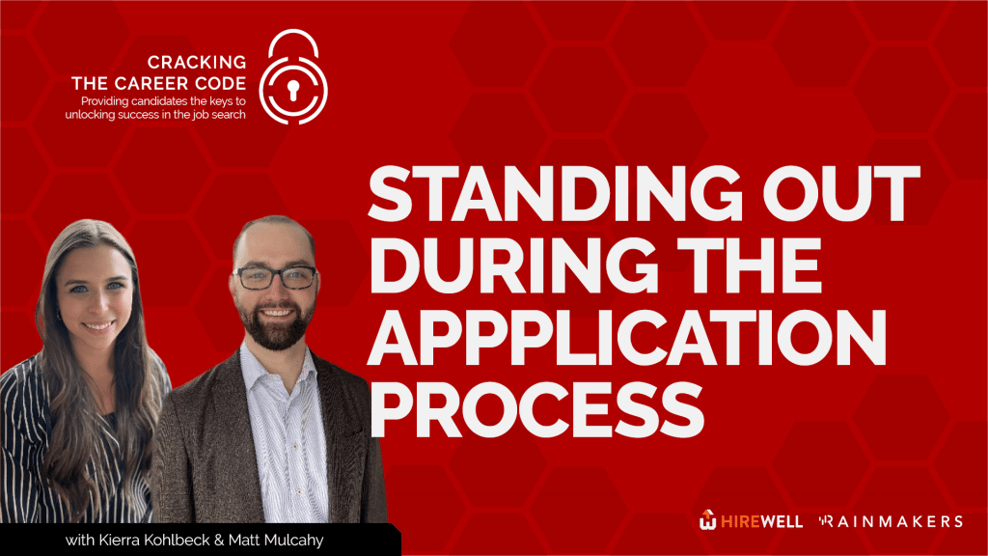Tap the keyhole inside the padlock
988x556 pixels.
(x=293, y=90)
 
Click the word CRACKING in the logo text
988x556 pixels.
(x=197, y=63)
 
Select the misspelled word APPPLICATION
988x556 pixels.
(x=627, y=338)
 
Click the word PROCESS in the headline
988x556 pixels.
(x=536, y=410)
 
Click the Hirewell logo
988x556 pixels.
(x=751, y=520)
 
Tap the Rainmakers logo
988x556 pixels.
(x=891, y=521)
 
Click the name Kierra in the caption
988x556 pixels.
(x=120, y=541)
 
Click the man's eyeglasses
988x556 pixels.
(x=275, y=277)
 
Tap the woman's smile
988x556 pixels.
(x=98, y=326)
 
